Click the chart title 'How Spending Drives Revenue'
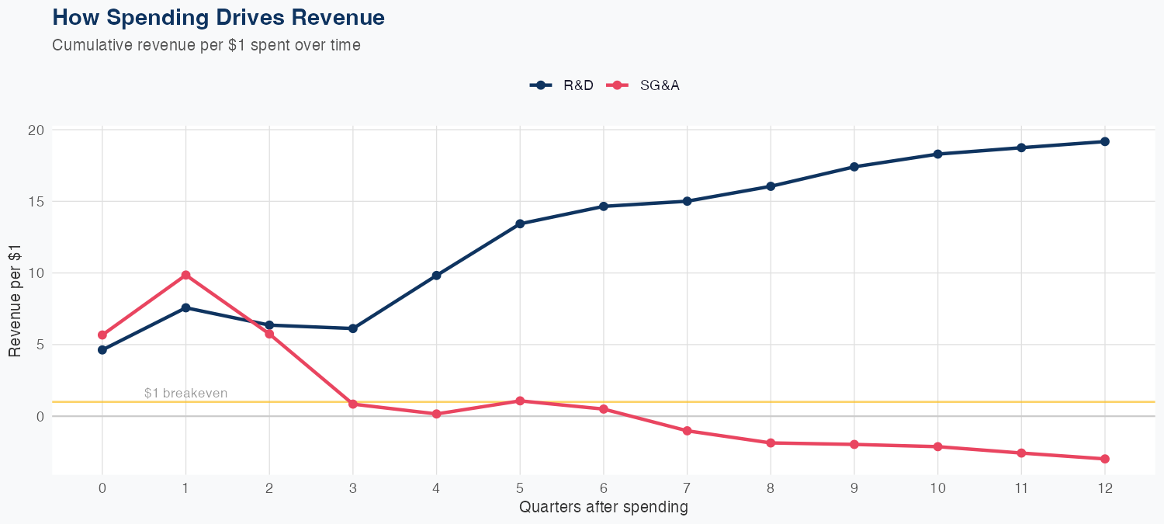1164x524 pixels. (218, 17)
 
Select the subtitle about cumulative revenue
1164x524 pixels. (206, 45)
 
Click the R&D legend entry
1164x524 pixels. (562, 85)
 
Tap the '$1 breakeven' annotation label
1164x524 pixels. (185, 393)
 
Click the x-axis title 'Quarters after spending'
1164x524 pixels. (603, 508)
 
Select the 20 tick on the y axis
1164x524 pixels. (36, 130)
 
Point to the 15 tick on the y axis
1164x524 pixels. (36, 201)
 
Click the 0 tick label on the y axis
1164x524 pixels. (40, 416)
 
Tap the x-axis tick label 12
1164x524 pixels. (1104, 488)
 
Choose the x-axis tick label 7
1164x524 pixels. (687, 488)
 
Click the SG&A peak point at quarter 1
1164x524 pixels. (185, 275)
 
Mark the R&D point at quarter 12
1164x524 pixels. (1104, 141)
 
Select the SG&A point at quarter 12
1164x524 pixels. (1104, 459)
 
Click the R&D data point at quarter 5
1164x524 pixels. (520, 224)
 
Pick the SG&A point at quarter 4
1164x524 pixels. (436, 414)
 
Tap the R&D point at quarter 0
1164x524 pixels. (102, 350)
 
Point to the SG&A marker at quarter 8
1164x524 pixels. (771, 442)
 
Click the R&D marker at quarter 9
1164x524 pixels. (854, 167)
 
